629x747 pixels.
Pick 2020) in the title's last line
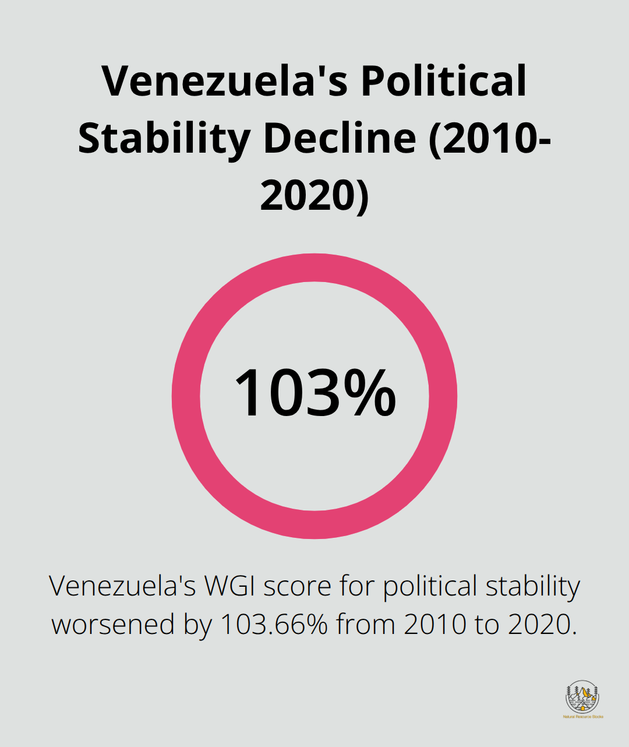[x=314, y=195]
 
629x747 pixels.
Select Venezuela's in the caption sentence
[x=123, y=586]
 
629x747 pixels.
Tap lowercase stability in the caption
[x=532, y=587]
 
